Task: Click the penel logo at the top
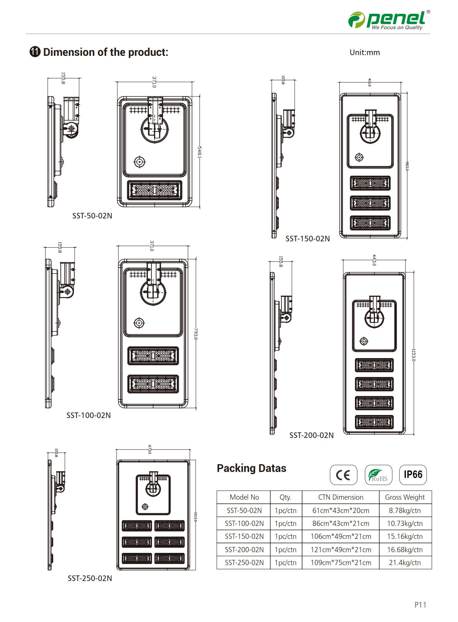pos(389,19)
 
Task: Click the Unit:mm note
pos(365,52)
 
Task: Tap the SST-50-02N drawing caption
pos(92,216)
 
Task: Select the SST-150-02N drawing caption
pos(307,239)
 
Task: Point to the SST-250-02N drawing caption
pos(90,578)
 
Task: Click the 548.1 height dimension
pos(199,152)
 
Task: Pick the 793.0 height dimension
pos(196,333)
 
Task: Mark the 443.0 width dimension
pos(374,260)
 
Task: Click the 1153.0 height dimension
pos(414,355)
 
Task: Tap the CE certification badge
pos(343,475)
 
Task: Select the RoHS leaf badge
pos(378,475)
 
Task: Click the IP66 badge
pos(413,475)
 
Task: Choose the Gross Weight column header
pos(405,497)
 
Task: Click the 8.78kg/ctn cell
pos(405,510)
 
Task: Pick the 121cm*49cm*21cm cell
pos(341,550)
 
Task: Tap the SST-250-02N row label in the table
pos(244,562)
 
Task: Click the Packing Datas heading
pos(251,468)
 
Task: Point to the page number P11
pos(420,605)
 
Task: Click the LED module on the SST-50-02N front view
pos(154,190)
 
